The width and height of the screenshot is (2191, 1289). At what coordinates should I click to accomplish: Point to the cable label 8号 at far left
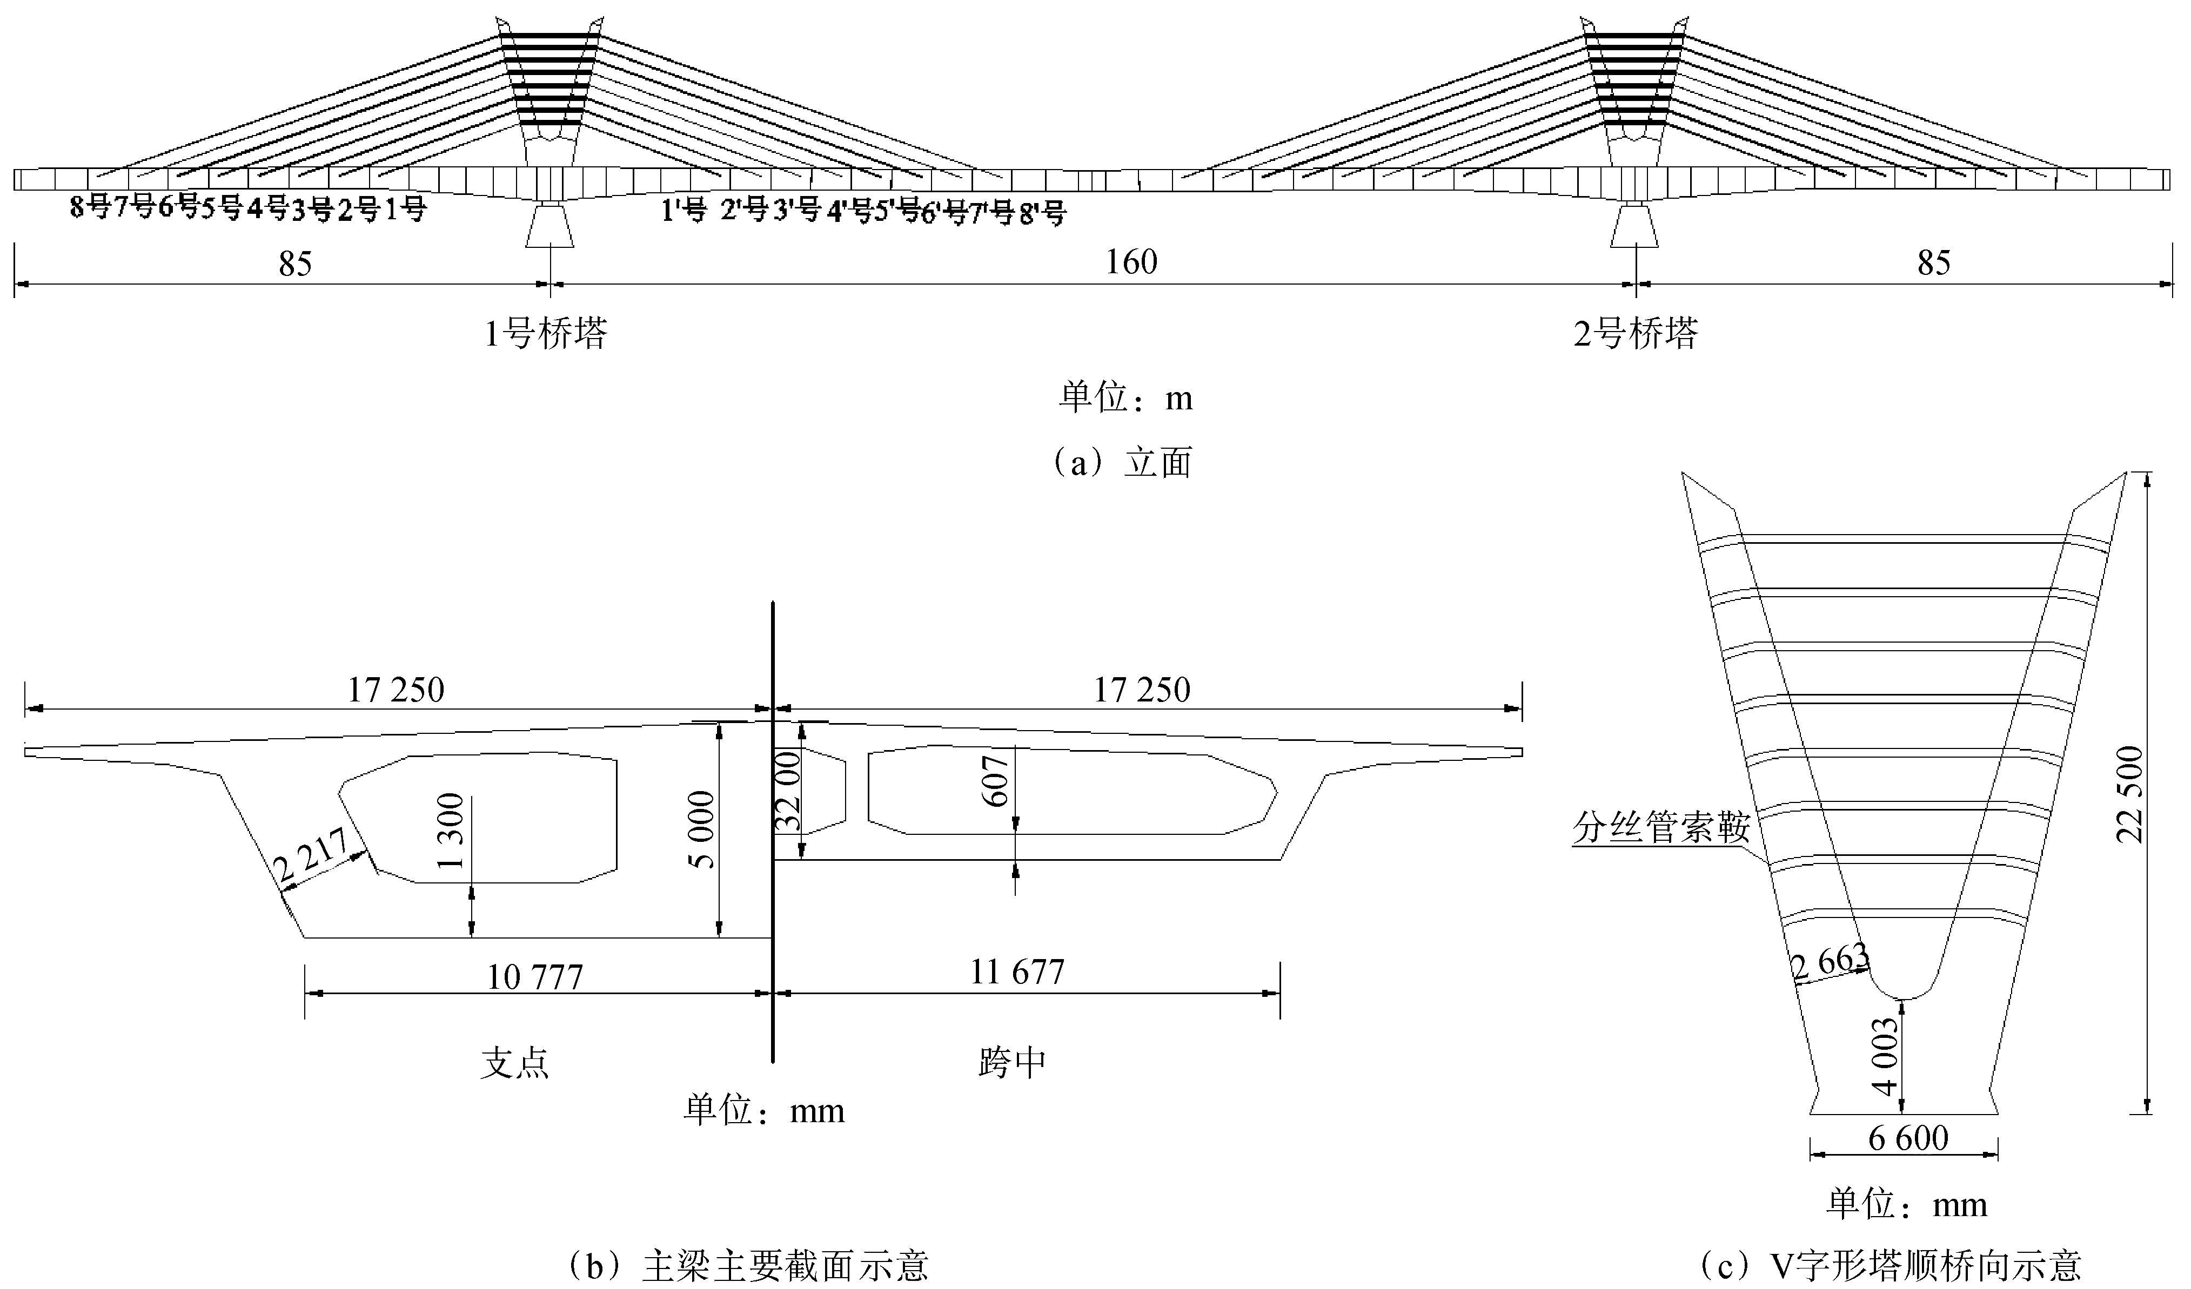(x=90, y=208)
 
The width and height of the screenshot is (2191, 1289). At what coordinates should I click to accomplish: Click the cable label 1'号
(x=684, y=211)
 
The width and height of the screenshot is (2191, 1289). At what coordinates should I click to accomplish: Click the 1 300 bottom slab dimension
(x=452, y=831)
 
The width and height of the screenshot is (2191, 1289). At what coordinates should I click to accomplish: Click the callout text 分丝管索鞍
(x=1660, y=828)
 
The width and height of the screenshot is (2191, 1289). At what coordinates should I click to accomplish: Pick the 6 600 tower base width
(x=1909, y=1139)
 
